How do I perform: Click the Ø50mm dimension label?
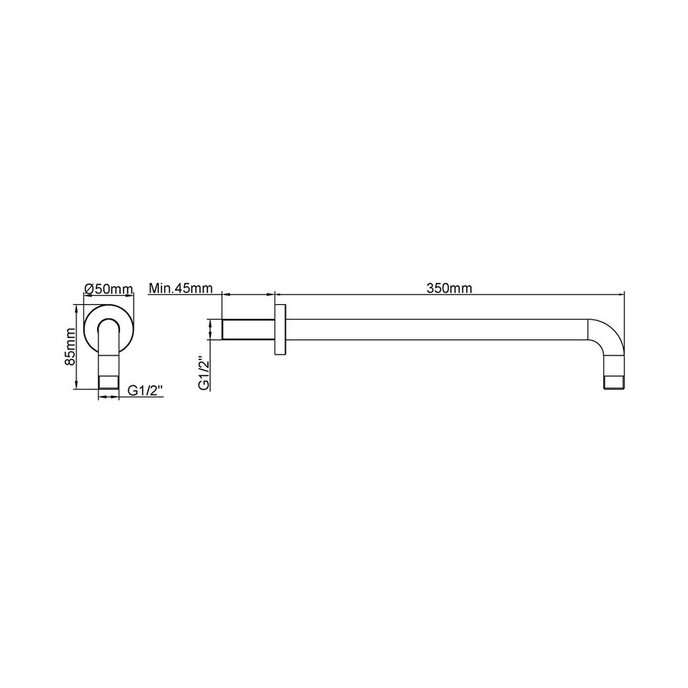109,289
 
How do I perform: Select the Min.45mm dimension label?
180,289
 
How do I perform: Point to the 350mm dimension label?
449,288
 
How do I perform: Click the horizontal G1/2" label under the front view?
144,391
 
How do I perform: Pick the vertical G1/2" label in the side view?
203,373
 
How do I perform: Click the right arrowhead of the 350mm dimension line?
621,293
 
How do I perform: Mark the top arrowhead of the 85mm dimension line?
76,307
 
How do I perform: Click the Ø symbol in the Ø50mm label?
89,289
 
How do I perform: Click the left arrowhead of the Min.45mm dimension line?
224,293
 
